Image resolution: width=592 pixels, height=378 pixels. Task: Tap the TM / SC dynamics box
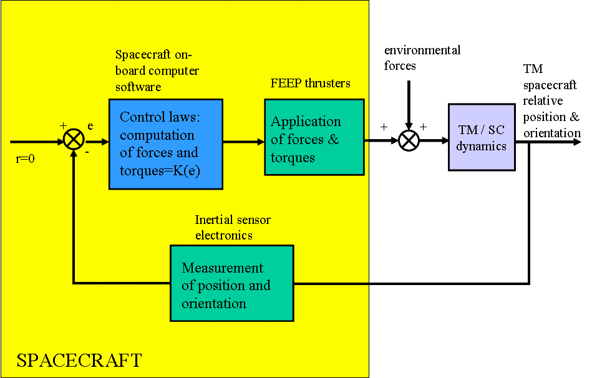click(x=481, y=138)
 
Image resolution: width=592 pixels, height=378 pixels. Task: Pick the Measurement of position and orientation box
click(x=231, y=283)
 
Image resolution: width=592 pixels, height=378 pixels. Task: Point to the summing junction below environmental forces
click(x=409, y=141)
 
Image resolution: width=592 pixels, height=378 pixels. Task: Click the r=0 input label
click(x=26, y=158)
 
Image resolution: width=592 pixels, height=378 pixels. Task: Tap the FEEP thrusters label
click(x=310, y=83)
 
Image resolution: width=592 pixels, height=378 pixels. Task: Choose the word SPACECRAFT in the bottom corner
click(x=79, y=361)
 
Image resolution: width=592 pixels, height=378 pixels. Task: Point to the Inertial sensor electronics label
click(x=233, y=228)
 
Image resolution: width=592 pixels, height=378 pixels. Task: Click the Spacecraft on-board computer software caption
click(x=157, y=70)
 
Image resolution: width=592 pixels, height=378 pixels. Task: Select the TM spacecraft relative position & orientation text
click(x=551, y=101)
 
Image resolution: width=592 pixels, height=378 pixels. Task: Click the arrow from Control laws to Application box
click(x=243, y=142)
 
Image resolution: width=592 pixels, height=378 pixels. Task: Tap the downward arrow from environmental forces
click(x=409, y=106)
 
